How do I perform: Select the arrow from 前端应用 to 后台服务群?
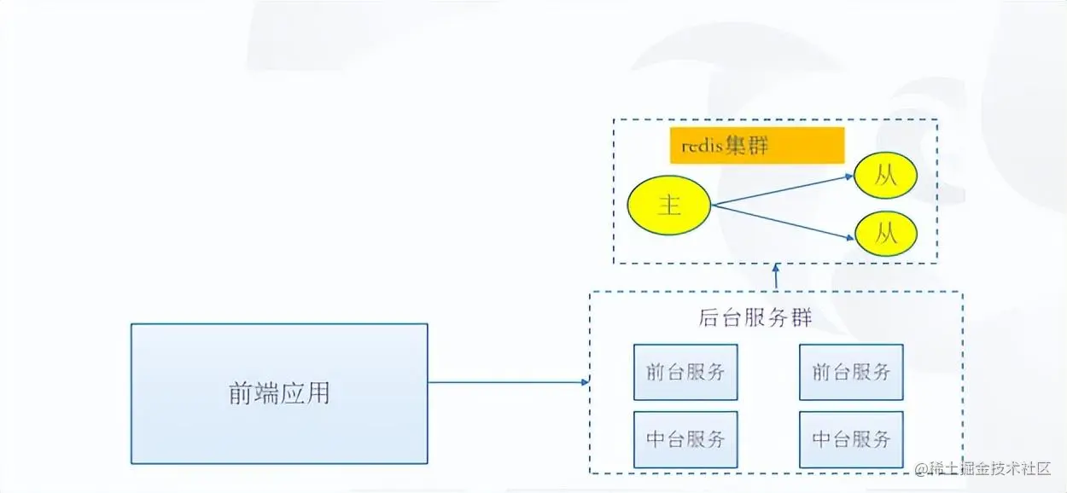click(x=508, y=382)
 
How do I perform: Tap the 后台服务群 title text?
click(x=755, y=318)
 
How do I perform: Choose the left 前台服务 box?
click(x=685, y=372)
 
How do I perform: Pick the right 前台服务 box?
click(x=850, y=372)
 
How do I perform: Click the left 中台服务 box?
click(x=685, y=438)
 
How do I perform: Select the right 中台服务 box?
click(x=850, y=438)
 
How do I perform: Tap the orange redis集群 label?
click(x=756, y=145)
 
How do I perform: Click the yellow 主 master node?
click(x=668, y=205)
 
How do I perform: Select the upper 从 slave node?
click(x=885, y=176)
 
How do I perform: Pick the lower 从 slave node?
click(x=885, y=233)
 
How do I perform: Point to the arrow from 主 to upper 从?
click(x=781, y=190)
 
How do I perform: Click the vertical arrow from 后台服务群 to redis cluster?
click(x=776, y=278)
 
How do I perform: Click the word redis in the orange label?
click(x=702, y=146)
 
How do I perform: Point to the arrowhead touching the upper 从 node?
click(x=849, y=177)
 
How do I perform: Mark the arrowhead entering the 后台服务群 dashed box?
click(x=586, y=382)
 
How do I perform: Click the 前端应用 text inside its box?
click(x=278, y=393)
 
